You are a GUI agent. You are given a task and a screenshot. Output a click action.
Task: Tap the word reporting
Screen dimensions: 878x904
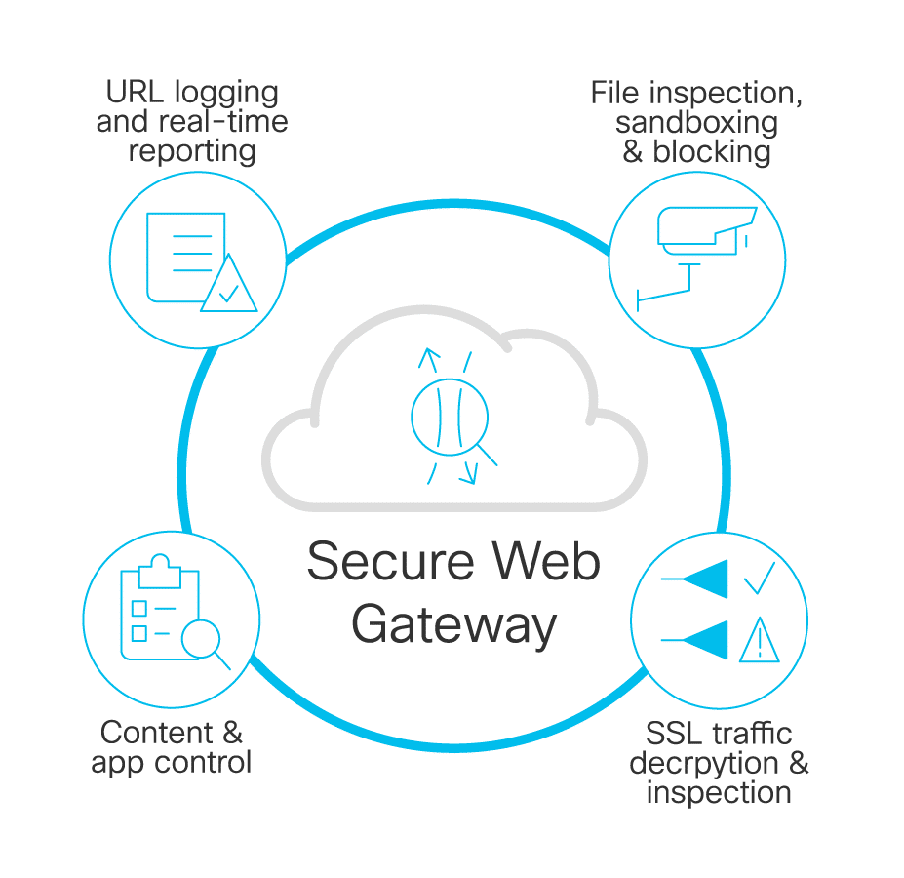pos(192,151)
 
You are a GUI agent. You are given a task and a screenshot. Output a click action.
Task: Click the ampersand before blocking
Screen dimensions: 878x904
pos(634,152)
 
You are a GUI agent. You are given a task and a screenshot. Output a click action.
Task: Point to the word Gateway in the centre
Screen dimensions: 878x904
pos(454,624)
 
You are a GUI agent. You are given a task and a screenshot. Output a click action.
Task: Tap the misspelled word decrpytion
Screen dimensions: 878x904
pos(704,762)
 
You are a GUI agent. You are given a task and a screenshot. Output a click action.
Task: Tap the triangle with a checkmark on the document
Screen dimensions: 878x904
pos(228,287)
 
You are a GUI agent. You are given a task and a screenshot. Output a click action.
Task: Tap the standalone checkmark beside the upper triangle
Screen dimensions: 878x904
pos(759,579)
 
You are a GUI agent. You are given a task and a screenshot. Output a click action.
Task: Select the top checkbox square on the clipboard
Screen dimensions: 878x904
pos(138,608)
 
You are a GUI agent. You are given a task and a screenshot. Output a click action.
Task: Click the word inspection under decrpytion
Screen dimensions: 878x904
pos(718,791)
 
